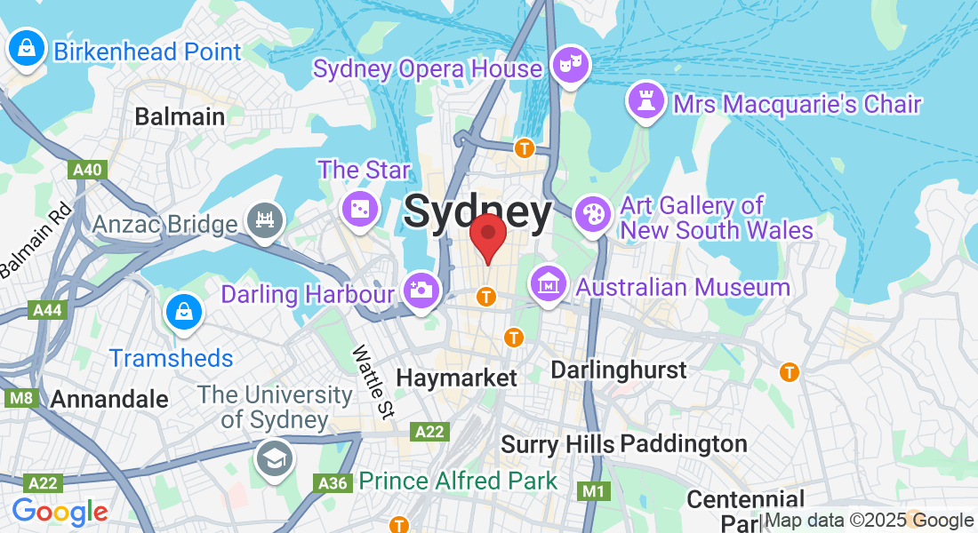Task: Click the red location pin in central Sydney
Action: click(487, 235)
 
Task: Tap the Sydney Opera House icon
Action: click(569, 65)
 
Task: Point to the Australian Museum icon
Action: click(549, 283)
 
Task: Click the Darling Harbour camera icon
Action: click(421, 290)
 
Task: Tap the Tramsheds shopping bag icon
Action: click(184, 312)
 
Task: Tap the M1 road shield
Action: click(592, 490)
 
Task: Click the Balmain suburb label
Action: click(180, 116)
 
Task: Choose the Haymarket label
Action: click(456, 378)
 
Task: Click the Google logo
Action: click(60, 512)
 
